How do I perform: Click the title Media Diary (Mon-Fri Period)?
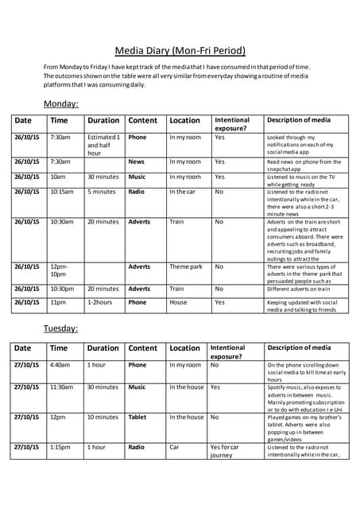coord(180,50)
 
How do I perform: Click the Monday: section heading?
coord(60,103)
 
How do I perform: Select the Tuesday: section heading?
coord(60,328)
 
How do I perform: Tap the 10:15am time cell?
coord(62,192)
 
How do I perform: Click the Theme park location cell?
coord(186,266)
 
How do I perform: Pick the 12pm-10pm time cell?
coord(59,270)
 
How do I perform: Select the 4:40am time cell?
coord(60,365)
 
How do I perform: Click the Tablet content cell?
coord(138,417)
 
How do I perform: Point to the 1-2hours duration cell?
coord(100,302)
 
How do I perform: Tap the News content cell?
coord(137,161)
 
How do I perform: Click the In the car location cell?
coord(185,192)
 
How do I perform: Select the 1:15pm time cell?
coord(60,447)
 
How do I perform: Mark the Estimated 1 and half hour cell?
coord(103,145)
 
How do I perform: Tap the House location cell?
coord(179,302)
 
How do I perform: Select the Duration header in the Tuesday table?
coord(103,348)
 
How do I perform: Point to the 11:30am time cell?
coord(62,387)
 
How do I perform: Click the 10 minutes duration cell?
coord(103,417)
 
